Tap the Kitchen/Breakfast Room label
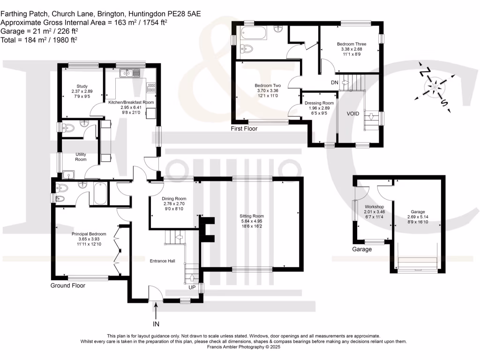click(131, 102)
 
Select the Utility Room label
click(81, 157)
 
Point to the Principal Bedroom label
click(89, 234)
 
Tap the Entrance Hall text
click(162, 261)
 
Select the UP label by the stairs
click(192, 287)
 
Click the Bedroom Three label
click(352, 44)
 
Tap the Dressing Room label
click(319, 103)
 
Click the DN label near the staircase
click(335, 82)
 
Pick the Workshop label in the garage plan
click(374, 207)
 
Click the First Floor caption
click(244, 128)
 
